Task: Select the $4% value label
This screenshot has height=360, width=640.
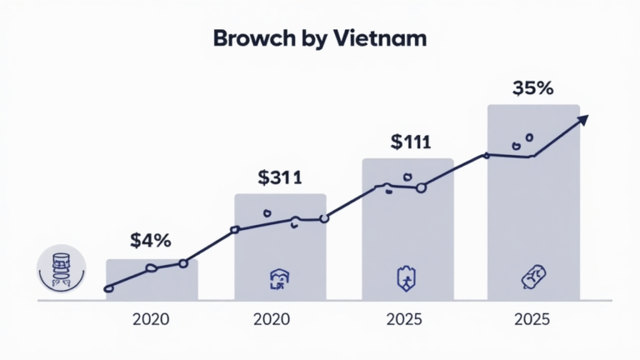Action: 151,241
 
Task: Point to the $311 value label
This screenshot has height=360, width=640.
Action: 280,177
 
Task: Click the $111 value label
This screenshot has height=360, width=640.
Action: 410,142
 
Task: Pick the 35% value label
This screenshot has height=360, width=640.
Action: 532,87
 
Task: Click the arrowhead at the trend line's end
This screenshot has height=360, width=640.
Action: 582,120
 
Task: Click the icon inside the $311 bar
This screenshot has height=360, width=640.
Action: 279,280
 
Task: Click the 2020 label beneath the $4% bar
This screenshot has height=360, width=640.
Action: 152,319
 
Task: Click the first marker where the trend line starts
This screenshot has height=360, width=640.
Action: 108,289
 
